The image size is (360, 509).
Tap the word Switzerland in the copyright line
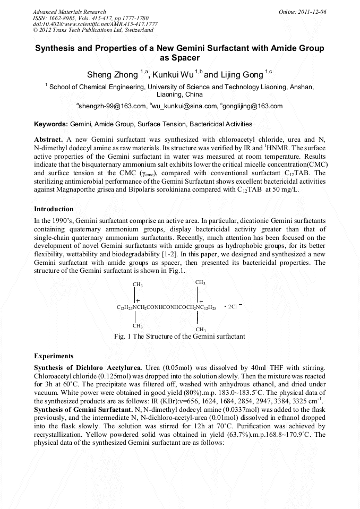pyautogui.click(x=135, y=31)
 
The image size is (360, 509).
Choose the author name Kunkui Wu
pyautogui.click(x=169, y=75)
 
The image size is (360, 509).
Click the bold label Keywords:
pyautogui.click(x=51, y=124)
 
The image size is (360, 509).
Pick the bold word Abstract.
pyautogui.click(x=48, y=138)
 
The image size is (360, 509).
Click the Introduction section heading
pyautogui.click(x=54, y=209)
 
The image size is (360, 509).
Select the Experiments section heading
pyautogui.click(x=54, y=356)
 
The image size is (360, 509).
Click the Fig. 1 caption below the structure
pyautogui.click(x=179, y=337)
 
